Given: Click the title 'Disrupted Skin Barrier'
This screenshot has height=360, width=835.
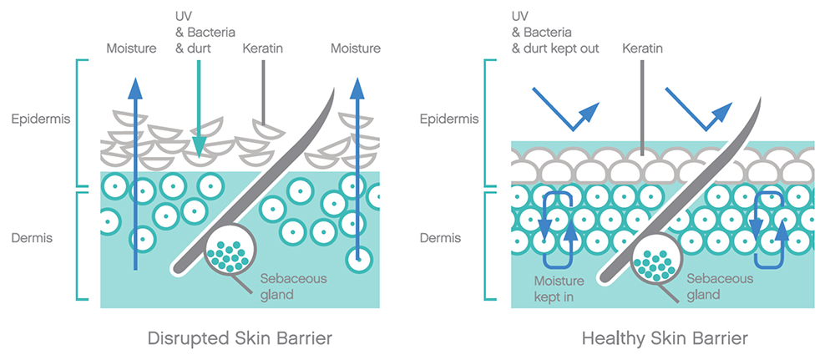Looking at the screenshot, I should coord(240,338).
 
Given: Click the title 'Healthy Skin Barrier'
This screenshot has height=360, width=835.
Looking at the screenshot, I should coord(665,338).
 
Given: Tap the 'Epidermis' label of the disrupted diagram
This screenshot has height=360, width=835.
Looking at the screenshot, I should coord(41,119).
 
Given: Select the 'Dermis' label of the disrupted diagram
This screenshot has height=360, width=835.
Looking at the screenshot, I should coord(33,238).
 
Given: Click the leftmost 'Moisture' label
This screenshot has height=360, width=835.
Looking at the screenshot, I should coord(131,48).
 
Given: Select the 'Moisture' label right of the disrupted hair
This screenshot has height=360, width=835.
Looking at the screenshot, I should coord(356,48).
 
